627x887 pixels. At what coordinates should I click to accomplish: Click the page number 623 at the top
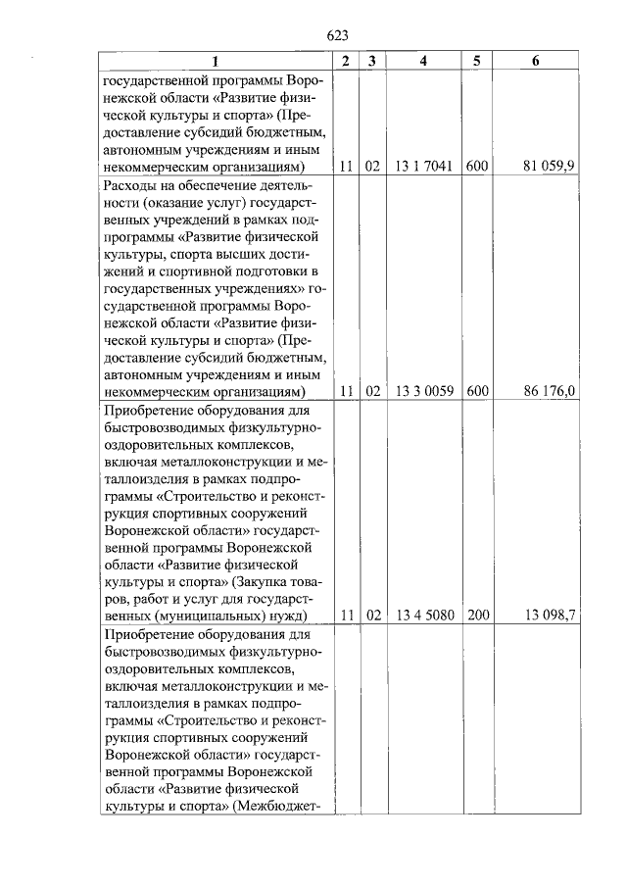[x=337, y=35]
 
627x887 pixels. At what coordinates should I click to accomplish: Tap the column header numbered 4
[x=423, y=62]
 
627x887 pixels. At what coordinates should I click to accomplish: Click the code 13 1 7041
[x=423, y=167]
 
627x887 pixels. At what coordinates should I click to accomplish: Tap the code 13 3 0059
[x=423, y=391]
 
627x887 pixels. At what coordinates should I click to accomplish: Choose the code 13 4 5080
[x=423, y=616]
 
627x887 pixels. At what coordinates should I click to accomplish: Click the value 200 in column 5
[x=476, y=616]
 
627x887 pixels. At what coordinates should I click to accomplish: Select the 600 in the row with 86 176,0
[x=476, y=391]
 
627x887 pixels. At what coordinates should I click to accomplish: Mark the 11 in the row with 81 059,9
[x=345, y=167]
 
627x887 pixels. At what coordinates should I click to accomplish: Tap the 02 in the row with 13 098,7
[x=371, y=616]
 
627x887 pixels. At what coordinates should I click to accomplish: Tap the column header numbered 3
[x=371, y=62]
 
